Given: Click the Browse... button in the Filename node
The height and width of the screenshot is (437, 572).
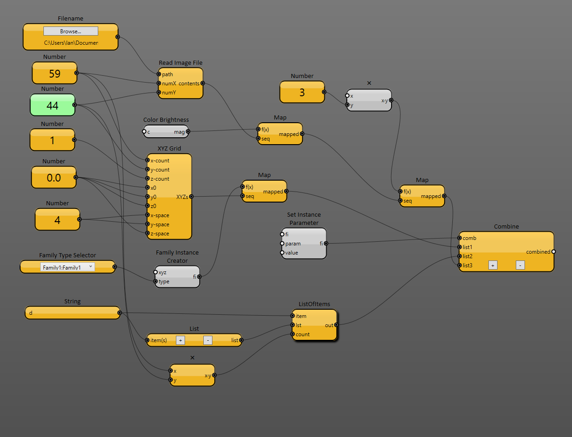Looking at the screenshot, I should click(70, 31).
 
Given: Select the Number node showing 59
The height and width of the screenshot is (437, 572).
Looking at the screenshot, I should click(54, 74).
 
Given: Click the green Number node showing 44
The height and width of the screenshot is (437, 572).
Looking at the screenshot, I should click(53, 106).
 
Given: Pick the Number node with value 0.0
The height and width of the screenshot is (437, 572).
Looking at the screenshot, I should click(53, 178).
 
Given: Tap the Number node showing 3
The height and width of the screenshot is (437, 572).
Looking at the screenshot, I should click(302, 93).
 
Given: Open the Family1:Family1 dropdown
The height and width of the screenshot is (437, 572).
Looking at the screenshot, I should click(68, 267).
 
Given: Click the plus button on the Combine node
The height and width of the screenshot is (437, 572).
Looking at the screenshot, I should click(493, 265).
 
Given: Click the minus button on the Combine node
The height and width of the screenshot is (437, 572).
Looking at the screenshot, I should click(520, 265).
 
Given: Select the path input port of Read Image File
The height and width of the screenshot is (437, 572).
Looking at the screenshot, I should click(159, 74).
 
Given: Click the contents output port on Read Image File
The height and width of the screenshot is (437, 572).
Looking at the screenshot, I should click(202, 83).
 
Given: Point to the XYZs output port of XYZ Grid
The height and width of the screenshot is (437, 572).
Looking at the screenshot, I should click(191, 197).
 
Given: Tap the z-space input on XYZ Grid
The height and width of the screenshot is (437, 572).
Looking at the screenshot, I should click(148, 233).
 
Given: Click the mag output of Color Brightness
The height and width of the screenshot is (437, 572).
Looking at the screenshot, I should click(188, 131).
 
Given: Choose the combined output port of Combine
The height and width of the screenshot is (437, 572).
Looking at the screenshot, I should click(553, 251).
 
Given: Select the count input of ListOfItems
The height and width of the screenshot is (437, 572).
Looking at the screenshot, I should click(292, 334).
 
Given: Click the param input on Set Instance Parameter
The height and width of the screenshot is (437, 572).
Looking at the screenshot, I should click(282, 243).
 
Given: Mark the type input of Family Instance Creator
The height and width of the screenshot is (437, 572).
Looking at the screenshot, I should click(156, 281).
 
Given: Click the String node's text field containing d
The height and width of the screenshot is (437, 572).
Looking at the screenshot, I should click(72, 313).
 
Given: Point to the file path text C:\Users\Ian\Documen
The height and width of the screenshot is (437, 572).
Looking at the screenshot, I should click(71, 43).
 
